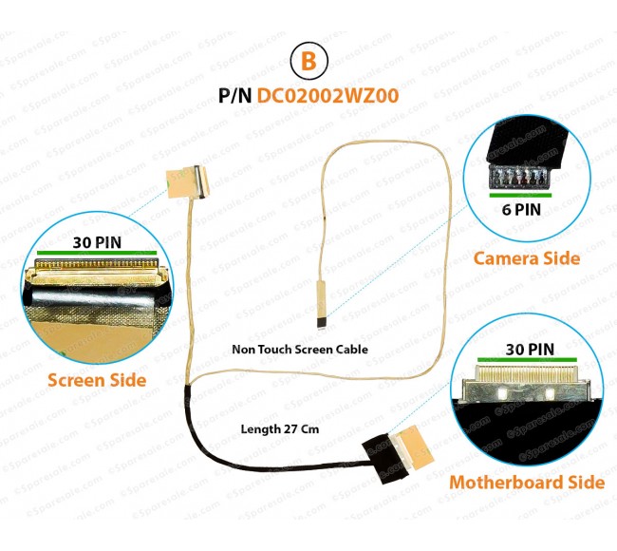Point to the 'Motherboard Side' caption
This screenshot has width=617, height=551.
coord(527,482)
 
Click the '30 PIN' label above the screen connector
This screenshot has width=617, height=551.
coord(96,242)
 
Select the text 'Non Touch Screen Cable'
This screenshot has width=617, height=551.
coord(299,350)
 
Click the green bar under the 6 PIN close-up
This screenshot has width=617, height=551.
coord(519,193)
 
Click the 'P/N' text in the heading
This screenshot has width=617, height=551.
coord(236,96)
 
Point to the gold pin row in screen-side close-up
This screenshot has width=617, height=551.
coord(95,265)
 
